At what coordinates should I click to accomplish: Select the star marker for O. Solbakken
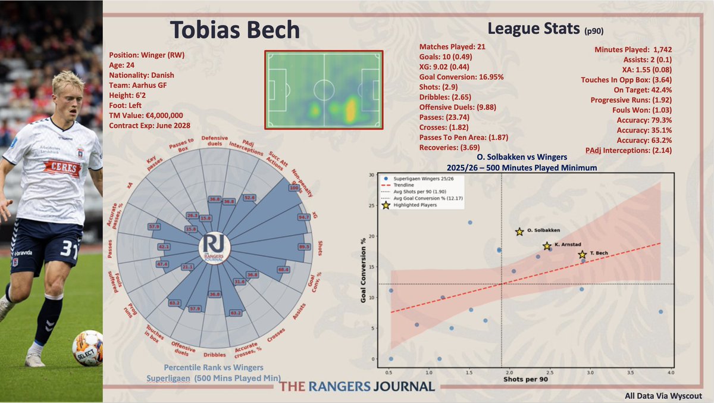click(x=519, y=232)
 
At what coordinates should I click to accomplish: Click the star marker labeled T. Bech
click(x=582, y=254)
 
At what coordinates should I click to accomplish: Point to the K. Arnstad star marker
click(x=547, y=245)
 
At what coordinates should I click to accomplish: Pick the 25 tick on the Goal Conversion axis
click(x=372, y=205)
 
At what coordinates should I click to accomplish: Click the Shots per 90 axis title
click(x=525, y=379)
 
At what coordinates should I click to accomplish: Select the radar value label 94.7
click(x=305, y=217)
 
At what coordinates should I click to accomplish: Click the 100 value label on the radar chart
click(x=293, y=188)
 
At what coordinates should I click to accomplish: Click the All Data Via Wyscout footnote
click(x=663, y=395)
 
